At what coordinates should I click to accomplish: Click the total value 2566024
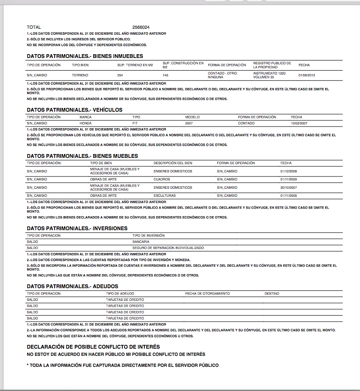pyautogui.click(x=141, y=27)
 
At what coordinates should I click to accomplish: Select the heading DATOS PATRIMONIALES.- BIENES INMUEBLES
pyautogui.click(x=85, y=56)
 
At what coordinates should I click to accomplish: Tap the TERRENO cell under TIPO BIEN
pyautogui.click(x=80, y=75)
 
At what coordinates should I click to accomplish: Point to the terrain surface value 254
pyautogui.click(x=120, y=75)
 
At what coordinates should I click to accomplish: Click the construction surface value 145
pyautogui.click(x=166, y=75)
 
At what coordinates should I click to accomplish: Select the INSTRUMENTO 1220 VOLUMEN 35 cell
pyautogui.click(x=269, y=75)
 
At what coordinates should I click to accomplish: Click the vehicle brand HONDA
pyautogui.click(x=85, y=123)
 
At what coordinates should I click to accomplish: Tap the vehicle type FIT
pyautogui.click(x=135, y=123)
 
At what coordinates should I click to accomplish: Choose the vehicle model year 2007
pyautogui.click(x=189, y=123)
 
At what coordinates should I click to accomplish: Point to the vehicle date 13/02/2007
pyautogui.click(x=299, y=123)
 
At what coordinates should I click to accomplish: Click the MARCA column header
pyautogui.click(x=86, y=117)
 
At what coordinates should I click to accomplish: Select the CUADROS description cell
pyautogui.click(x=162, y=179)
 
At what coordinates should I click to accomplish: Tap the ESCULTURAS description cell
pyautogui.click(x=164, y=195)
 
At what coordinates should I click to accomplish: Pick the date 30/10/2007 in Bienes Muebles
pyautogui.click(x=288, y=187)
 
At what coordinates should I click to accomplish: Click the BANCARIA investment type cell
pyautogui.click(x=141, y=242)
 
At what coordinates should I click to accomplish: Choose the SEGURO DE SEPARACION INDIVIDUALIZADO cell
pyautogui.click(x=168, y=248)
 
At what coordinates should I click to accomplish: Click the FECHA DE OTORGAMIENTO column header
pyautogui.click(x=207, y=293)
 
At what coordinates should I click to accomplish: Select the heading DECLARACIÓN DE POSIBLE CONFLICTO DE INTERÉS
pyautogui.click(x=93, y=347)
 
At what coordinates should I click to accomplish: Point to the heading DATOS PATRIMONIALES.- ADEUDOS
pyautogui.click(x=72, y=286)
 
